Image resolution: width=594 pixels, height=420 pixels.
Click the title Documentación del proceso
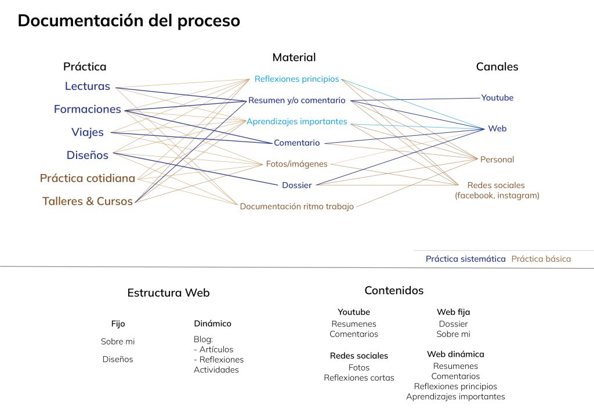click(129, 21)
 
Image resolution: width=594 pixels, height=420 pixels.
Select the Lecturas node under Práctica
click(88, 86)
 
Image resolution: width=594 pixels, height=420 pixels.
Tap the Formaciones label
click(88, 109)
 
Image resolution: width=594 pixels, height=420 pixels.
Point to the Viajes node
click(88, 132)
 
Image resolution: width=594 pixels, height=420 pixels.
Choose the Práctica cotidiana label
click(88, 179)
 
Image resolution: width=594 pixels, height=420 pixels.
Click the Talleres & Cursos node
click(88, 202)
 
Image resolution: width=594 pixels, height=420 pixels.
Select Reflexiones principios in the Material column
click(296, 79)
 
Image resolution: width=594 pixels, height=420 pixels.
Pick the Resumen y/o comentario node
click(296, 100)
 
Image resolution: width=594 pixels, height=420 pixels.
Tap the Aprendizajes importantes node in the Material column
click(296, 122)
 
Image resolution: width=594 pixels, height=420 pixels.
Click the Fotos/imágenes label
click(296, 164)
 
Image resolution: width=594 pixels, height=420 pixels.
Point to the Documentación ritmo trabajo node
click(296, 207)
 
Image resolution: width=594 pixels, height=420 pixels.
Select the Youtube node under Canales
click(497, 98)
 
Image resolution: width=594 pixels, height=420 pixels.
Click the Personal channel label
click(497, 160)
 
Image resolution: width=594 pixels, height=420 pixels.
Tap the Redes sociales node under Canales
click(497, 186)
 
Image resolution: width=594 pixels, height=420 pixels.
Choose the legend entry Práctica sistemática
click(465, 259)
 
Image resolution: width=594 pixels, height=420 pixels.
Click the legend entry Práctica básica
click(541, 259)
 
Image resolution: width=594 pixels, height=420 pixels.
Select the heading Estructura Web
click(168, 293)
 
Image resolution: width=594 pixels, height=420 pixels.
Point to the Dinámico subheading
click(212, 324)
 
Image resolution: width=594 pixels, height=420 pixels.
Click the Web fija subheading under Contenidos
click(453, 313)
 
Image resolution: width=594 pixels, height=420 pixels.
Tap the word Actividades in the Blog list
click(216, 370)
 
